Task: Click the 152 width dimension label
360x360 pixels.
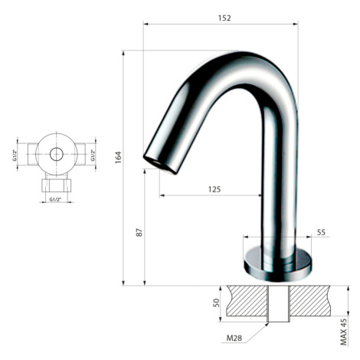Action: pos(224,18)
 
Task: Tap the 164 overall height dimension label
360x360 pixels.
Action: pos(118,158)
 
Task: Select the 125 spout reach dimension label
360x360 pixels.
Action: pos(214,189)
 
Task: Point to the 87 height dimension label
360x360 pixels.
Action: pos(139,232)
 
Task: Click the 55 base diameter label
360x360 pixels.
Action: pos(321,232)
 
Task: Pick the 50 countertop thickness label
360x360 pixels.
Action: pos(216,303)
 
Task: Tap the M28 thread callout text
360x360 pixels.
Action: pos(234,338)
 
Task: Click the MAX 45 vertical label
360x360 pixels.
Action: pos(344,332)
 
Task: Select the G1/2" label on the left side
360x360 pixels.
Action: pos(15,155)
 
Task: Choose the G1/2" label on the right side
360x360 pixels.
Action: pos(93,155)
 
